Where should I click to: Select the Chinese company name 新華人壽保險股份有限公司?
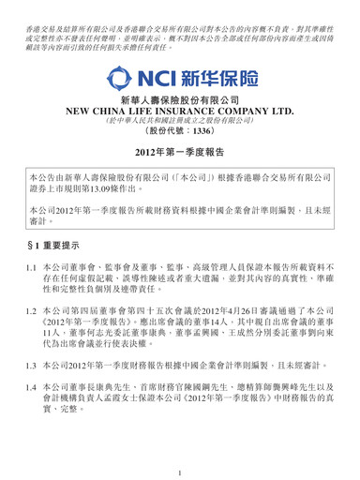click(x=180, y=109)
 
